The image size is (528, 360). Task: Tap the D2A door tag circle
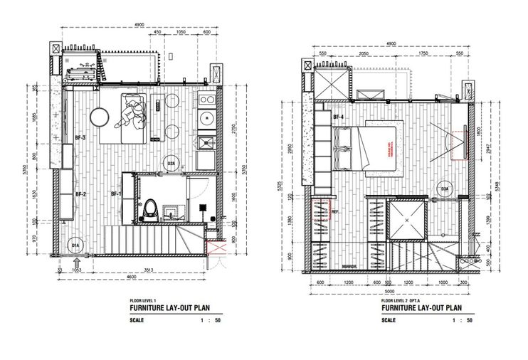pos(171,163)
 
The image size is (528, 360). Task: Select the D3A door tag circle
pos(443,189)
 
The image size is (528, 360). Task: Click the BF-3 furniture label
pos(80,138)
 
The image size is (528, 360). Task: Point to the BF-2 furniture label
pos(80,194)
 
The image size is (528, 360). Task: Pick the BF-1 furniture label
pos(116,194)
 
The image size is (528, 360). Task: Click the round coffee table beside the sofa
pos(100,116)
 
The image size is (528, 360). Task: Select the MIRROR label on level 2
pos(349,267)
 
